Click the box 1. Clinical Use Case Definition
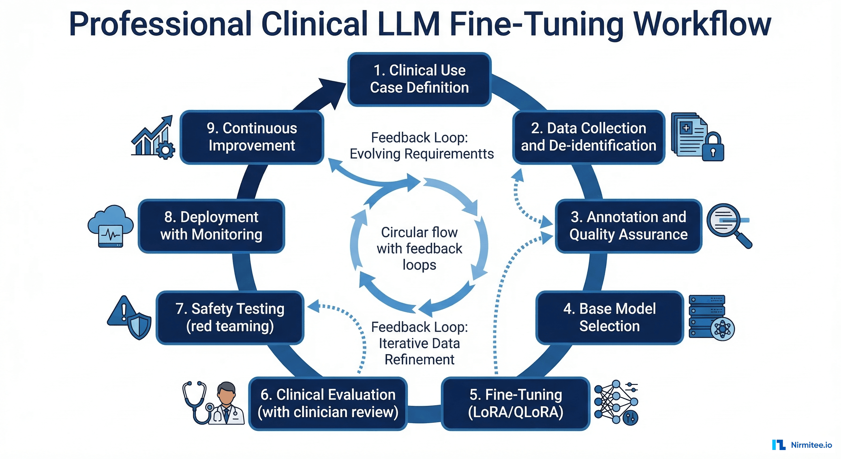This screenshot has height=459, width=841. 419,79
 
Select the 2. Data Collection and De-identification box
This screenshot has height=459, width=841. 588,137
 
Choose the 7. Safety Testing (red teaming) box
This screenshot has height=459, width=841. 230,317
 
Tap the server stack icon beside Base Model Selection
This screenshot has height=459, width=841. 707,315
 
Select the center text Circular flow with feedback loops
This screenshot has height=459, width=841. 419,248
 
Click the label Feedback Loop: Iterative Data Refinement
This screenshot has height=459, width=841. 419,343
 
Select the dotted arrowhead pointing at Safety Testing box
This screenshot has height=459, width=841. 313,306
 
